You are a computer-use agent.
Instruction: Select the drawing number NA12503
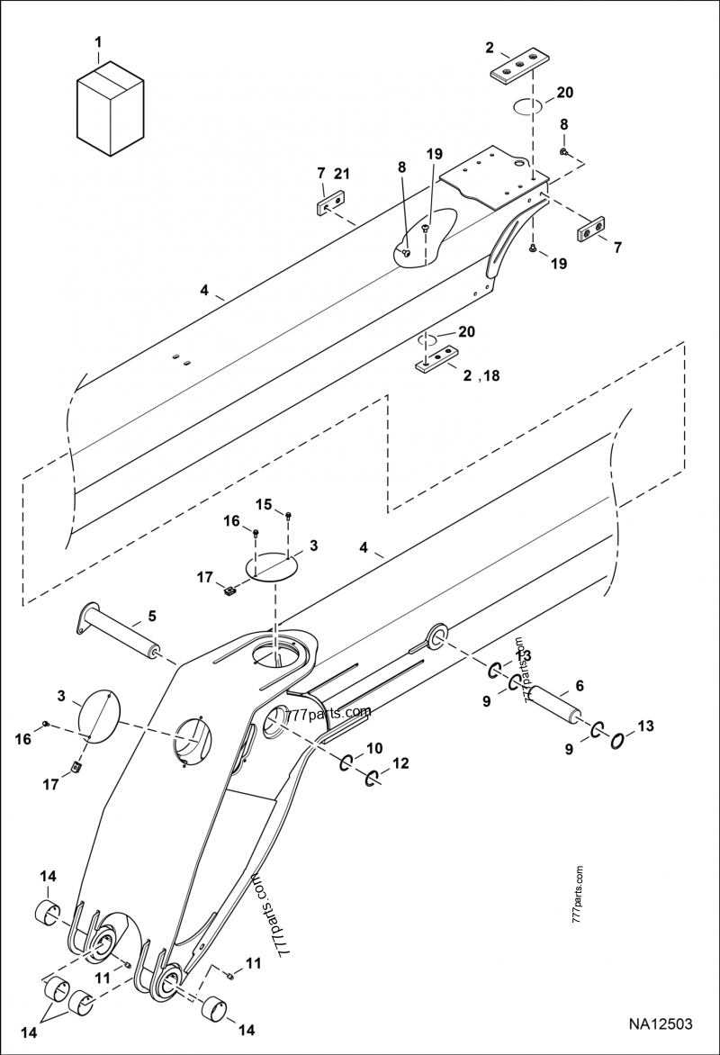tap(661, 1023)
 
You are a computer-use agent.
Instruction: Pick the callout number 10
tap(374, 748)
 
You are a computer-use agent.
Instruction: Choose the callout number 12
tap(400, 763)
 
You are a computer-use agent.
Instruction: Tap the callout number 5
tap(152, 617)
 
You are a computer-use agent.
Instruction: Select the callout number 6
tap(580, 686)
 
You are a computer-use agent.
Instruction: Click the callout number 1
tap(99, 41)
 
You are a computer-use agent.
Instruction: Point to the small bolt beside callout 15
tap(288, 516)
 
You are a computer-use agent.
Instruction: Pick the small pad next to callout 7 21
tap(330, 206)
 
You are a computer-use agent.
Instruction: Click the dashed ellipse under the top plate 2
tap(528, 108)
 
